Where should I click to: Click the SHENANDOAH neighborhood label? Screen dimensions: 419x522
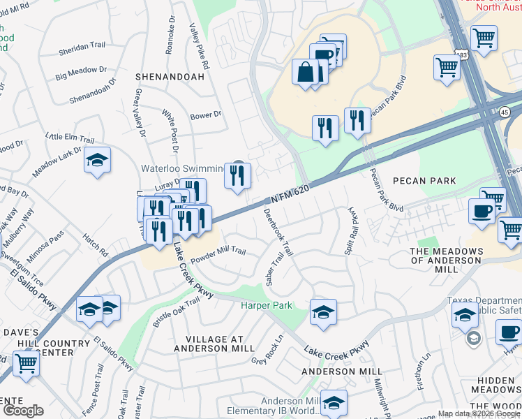170,77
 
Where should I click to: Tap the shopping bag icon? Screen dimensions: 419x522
306,72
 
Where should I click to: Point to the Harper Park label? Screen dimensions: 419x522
266,306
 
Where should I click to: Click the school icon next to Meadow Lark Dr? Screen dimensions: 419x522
98,159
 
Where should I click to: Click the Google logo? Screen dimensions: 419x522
23,411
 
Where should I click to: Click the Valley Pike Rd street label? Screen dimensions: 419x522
200,46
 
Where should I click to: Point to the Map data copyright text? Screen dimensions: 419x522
479,413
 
